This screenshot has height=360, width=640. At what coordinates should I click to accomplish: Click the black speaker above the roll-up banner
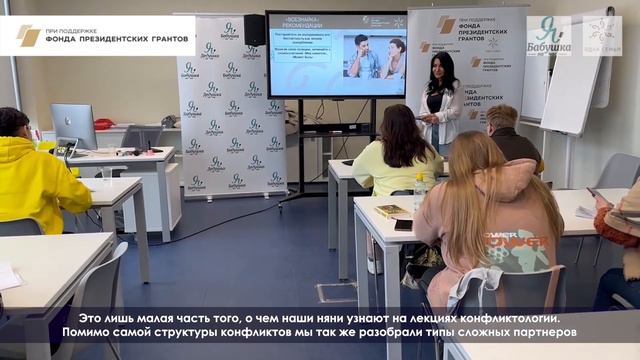255,30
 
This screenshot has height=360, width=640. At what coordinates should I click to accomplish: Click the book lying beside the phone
389,211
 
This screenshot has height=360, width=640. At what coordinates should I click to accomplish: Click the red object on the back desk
103,124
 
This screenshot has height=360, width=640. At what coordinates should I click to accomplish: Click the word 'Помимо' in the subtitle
88,331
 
